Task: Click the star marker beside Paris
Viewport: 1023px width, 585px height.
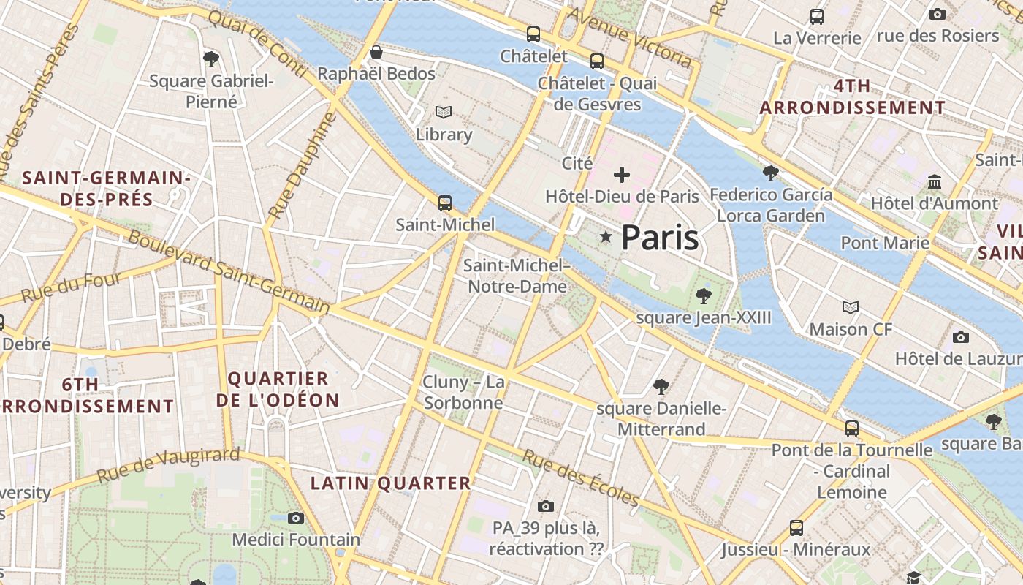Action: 605,237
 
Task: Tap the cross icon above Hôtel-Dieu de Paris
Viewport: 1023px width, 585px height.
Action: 622,175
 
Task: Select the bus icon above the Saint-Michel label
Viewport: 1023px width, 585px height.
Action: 444,203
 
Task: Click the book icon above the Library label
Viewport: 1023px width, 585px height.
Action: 444,112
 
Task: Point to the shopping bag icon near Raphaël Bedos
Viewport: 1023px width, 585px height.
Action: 376,52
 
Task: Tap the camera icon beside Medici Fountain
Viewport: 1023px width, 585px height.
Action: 296,518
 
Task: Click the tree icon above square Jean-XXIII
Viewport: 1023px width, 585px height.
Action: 703,295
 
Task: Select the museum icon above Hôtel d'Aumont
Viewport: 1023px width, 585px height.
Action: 935,181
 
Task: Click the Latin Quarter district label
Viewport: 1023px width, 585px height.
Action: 391,483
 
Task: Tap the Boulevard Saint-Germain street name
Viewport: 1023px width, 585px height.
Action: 229,273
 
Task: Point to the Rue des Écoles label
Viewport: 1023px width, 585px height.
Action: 582,478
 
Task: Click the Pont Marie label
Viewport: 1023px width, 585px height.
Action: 885,243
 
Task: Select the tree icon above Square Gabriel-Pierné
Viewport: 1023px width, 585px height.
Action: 211,58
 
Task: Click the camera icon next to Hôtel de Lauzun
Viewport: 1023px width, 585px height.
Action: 961,337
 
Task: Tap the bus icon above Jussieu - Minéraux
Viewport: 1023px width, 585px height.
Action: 796,527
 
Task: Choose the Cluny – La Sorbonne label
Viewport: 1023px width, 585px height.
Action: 463,393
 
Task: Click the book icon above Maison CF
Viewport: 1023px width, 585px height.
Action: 851,307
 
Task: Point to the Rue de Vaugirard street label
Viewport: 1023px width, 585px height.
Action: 168,464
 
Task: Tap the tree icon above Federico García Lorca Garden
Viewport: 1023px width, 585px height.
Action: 770,173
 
